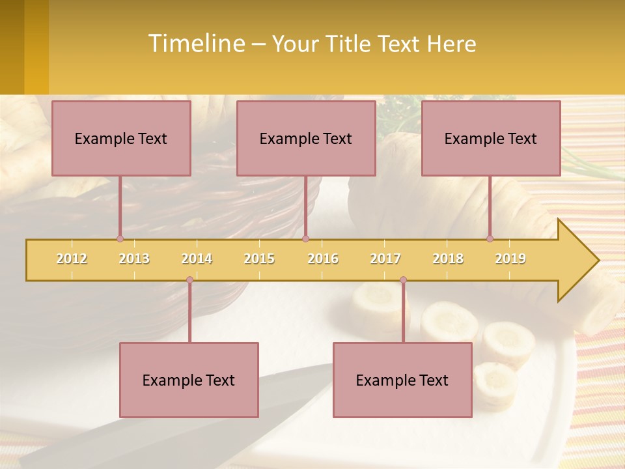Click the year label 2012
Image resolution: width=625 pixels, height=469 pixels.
[72, 259]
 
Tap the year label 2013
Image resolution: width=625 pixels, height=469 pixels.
[134, 259]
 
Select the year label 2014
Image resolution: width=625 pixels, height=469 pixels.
[197, 259]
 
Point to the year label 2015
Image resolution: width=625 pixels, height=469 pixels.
[259, 259]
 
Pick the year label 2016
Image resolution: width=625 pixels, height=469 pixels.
[323, 259]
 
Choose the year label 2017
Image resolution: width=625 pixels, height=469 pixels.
[385, 259]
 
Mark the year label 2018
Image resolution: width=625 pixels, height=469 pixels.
[448, 259]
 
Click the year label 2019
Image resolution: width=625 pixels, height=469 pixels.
[510, 259]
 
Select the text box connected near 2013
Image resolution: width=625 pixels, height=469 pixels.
[121, 138]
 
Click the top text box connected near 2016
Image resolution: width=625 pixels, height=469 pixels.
[306, 138]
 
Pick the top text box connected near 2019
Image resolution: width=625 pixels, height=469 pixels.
[491, 138]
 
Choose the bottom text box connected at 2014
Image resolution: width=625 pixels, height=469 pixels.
[189, 380]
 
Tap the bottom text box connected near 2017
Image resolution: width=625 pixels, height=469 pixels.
[402, 380]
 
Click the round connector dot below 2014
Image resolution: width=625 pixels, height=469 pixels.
[189, 280]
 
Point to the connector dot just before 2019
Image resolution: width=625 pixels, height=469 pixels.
[490, 238]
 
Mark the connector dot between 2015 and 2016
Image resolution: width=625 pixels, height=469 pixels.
[306, 238]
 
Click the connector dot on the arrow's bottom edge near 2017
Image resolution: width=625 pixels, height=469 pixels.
[403, 280]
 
